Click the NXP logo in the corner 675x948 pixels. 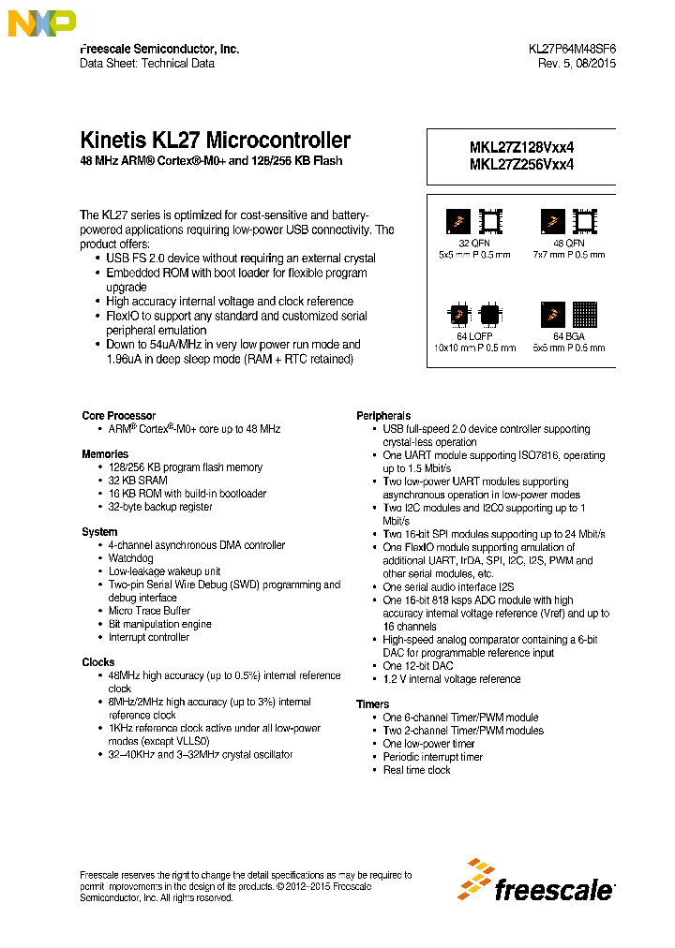point(41,22)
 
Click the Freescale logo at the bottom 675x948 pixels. point(537,881)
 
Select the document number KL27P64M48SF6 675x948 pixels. point(572,49)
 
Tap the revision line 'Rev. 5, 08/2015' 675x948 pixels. point(577,64)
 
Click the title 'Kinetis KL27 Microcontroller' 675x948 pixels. point(216,141)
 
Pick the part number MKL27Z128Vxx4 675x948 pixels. point(521,147)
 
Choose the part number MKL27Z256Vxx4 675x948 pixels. point(521,164)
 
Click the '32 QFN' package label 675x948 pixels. point(474,243)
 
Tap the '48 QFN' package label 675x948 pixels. point(568,243)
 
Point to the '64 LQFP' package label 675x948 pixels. point(474,336)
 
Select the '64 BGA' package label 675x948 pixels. point(568,336)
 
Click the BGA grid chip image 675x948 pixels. point(584,315)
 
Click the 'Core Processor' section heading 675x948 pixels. point(118,416)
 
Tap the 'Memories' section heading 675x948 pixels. point(105,454)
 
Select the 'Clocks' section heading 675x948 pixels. point(98,662)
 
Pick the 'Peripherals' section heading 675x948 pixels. point(383,416)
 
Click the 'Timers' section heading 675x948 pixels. point(372,704)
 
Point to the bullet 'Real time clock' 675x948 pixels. point(416,770)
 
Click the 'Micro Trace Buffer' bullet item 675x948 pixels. point(149,611)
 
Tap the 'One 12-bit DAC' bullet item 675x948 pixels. point(417,666)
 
